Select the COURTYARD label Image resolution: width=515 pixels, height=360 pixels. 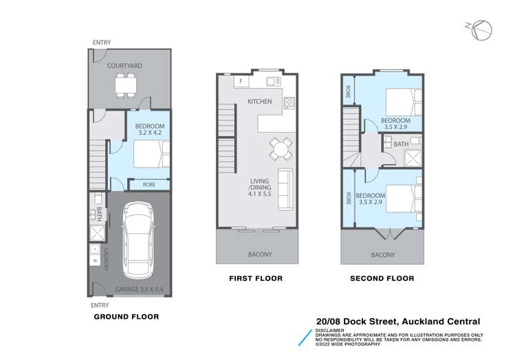point(124,65)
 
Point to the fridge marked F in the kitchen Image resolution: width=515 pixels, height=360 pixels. point(241,82)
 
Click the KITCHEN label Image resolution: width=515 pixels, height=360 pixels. point(260,102)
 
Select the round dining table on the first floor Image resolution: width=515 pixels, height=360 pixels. point(279,147)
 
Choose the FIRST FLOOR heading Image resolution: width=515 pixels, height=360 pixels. point(256,278)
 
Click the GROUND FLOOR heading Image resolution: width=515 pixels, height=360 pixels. point(126,317)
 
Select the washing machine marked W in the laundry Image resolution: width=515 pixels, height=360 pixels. point(95,260)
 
